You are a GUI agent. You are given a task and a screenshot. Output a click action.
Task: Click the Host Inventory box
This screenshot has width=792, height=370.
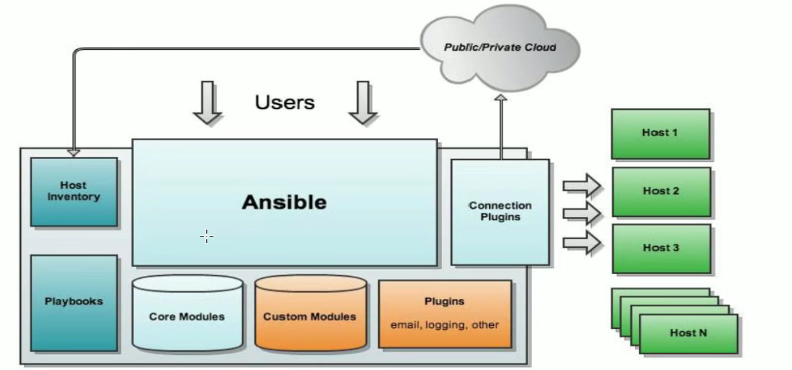pos(74,191)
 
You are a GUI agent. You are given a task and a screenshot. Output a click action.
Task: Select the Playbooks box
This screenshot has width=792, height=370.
pos(74,302)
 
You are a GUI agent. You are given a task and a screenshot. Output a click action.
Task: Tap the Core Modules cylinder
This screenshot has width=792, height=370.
pos(187,315)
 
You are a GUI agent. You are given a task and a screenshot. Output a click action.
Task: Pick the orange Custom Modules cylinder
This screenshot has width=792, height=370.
pos(310,315)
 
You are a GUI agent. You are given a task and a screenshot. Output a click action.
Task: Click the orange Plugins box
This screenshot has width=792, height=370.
pos(445,313)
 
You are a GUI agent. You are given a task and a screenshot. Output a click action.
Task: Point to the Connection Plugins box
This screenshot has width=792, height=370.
pos(500,212)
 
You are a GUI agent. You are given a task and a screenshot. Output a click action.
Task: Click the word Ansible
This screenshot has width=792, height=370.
pos(284,202)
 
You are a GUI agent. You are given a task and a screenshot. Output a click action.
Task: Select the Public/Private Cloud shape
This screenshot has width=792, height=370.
pos(500,47)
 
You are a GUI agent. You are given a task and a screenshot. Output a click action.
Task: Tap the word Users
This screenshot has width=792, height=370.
pos(284,103)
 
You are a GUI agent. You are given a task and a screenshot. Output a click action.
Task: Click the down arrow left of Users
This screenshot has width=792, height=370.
pos(208,103)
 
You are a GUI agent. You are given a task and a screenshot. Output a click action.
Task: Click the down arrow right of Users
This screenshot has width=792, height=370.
pos(363,103)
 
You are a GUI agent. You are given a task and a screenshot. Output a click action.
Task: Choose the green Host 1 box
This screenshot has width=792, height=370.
pos(660,133)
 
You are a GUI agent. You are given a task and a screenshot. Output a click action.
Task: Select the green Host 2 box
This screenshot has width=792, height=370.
pos(661,191)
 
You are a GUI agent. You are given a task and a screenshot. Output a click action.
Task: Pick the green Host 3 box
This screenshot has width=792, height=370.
pos(661,248)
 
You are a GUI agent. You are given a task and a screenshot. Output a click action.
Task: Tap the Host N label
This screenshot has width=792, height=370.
pos(688,333)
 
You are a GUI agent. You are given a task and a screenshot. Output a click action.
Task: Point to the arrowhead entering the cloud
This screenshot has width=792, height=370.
pos(500,99)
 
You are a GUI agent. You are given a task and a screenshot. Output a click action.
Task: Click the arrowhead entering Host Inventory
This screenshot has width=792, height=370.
pos(74,153)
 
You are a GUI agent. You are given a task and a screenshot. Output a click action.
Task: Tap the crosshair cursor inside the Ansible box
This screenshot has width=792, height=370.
pos(207,237)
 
